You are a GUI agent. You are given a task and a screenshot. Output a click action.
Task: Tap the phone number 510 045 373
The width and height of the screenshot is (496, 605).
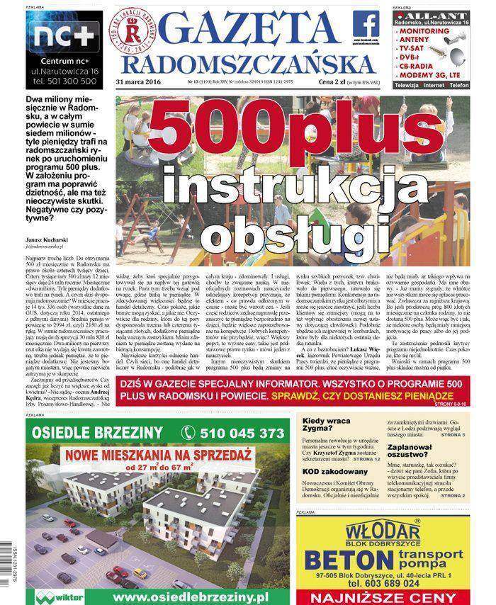coord(232,432)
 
